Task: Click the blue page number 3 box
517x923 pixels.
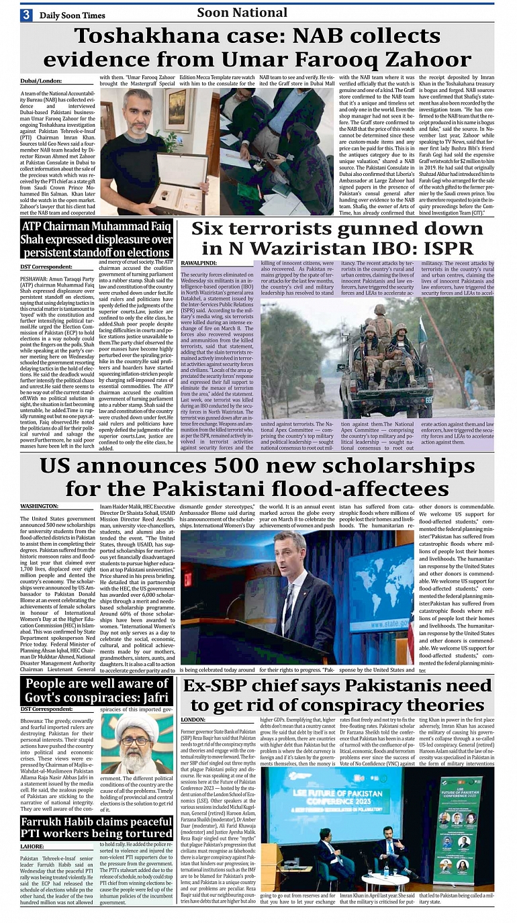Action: point(26,14)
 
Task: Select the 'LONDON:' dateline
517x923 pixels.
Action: point(193,719)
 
